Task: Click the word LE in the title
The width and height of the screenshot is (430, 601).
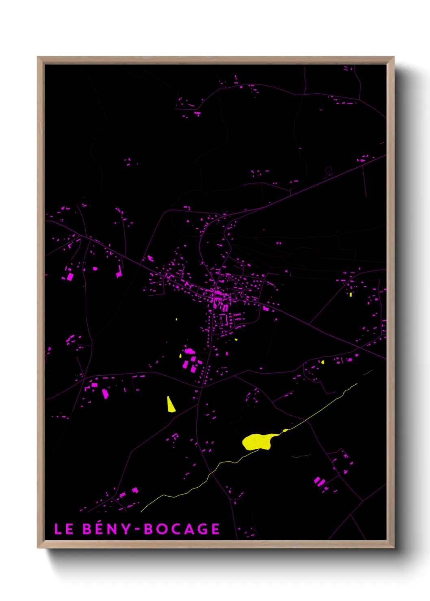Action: click(x=64, y=529)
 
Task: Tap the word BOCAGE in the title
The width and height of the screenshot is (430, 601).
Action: click(x=182, y=529)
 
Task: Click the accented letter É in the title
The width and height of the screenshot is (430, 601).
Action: click(x=100, y=529)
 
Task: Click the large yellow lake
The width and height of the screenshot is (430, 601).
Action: click(x=257, y=441)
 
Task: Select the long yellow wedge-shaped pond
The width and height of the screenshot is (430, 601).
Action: click(x=171, y=405)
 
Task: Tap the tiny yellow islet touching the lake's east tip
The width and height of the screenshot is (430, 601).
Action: click(x=285, y=430)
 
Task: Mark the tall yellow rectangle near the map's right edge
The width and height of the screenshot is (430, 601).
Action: click(x=351, y=294)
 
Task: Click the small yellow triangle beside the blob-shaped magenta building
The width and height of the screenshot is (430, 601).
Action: click(x=180, y=356)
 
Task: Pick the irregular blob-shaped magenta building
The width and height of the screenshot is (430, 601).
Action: click(x=190, y=351)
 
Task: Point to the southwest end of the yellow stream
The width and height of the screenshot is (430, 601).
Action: click(x=142, y=511)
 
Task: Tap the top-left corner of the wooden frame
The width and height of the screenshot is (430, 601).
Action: click(x=38, y=57)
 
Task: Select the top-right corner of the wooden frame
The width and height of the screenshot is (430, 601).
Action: click(x=393, y=57)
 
